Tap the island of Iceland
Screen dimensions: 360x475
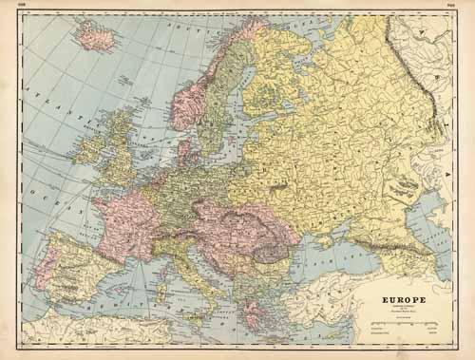(x=98, y=36)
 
